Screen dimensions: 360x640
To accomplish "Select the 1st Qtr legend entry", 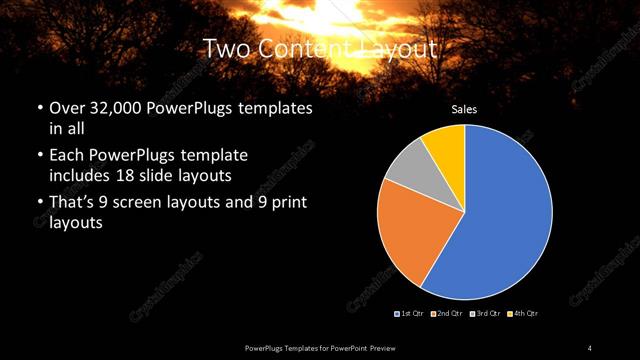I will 410,314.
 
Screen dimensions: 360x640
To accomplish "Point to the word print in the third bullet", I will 289,204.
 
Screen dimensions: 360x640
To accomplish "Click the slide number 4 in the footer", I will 589,347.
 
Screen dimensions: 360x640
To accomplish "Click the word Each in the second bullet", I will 67,156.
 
